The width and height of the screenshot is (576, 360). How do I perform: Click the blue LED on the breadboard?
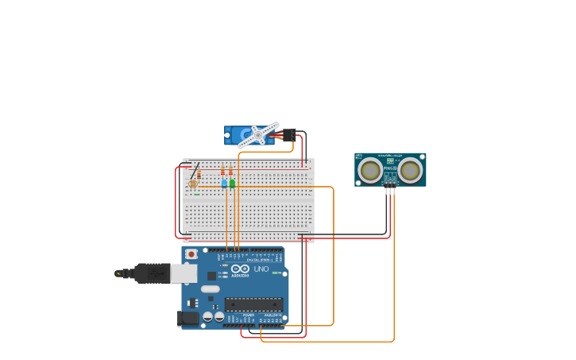225,183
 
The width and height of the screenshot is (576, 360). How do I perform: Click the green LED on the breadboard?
232,183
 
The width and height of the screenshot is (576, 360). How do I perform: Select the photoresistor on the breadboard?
192,184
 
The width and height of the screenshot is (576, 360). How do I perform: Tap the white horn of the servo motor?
259,135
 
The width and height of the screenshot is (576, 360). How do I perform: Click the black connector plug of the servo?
289,134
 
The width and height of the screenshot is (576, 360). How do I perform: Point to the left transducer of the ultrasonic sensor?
369,170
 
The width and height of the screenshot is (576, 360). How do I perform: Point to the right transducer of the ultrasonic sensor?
410,170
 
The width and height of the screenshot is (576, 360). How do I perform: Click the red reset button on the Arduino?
191,254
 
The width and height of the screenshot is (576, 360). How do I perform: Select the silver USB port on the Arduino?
184,273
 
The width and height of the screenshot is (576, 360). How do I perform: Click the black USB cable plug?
151,273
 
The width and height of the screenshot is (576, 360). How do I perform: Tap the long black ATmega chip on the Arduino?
253,304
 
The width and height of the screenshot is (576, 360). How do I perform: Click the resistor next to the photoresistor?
199,175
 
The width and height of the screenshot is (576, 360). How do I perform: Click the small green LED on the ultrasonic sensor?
389,161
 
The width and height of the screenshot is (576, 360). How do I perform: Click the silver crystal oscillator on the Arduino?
210,289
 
